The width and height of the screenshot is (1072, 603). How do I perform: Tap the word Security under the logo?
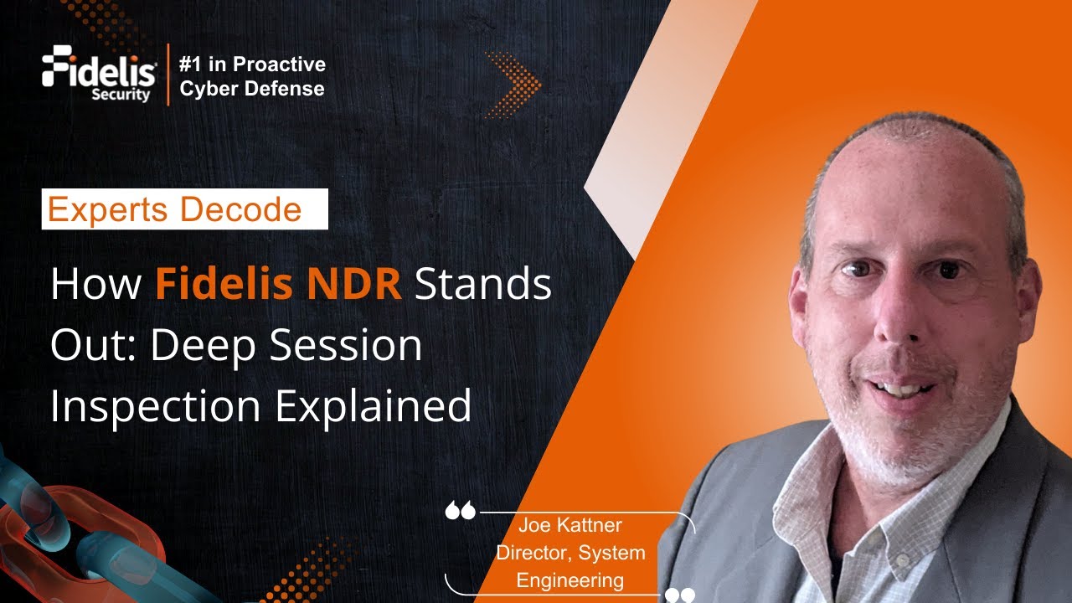[x=121, y=95]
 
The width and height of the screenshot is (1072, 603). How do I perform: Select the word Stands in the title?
[x=483, y=285]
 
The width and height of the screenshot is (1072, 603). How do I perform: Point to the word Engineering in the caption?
[x=569, y=580]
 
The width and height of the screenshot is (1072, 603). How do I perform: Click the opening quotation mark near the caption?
[x=460, y=510]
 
